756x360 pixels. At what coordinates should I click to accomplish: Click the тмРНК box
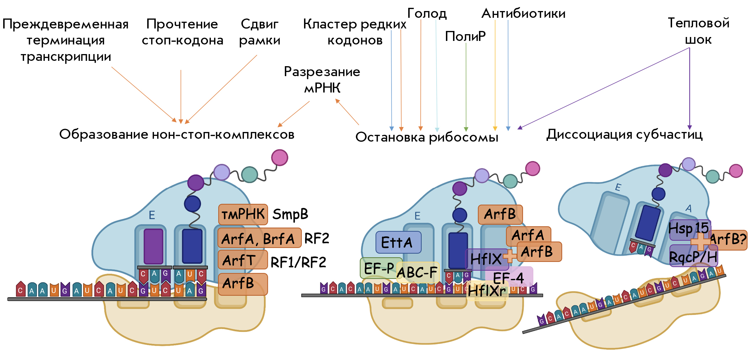[x=243, y=215]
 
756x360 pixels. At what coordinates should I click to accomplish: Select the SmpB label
[x=290, y=215]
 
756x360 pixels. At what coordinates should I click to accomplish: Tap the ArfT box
[x=243, y=260]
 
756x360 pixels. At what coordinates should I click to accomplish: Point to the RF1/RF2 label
[x=298, y=263]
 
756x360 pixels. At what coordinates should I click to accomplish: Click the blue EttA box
[x=398, y=242]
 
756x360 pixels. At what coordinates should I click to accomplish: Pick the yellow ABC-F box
[x=418, y=272]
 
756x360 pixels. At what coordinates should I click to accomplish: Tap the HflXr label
[x=487, y=291]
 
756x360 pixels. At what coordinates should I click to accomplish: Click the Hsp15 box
[x=690, y=230]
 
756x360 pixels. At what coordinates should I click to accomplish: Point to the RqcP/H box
[x=693, y=256]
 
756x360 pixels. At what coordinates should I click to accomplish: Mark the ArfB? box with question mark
[x=728, y=240]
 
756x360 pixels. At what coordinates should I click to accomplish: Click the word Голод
[x=427, y=13]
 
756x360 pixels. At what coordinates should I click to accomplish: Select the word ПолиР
[x=465, y=36]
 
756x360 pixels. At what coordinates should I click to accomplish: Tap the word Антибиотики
[x=523, y=13]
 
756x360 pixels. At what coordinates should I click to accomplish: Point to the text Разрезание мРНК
[x=322, y=79]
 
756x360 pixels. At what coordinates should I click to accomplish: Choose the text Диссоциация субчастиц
[x=624, y=134]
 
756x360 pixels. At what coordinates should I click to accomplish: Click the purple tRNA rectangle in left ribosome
[x=153, y=246]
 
